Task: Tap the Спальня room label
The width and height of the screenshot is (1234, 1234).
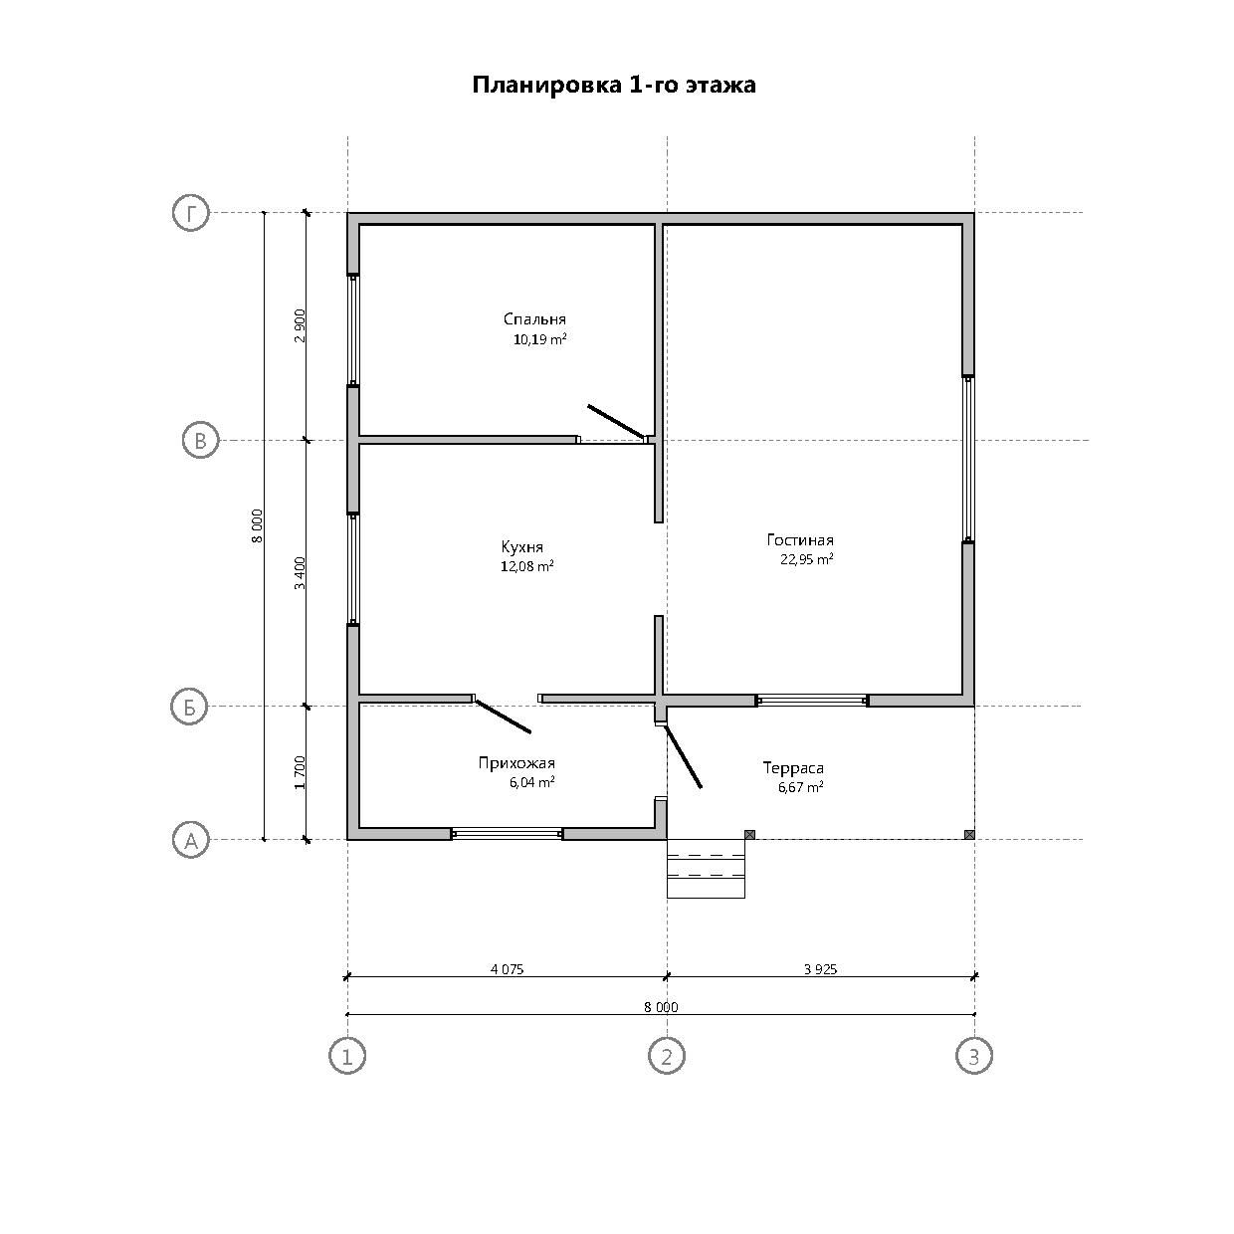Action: coord(534,318)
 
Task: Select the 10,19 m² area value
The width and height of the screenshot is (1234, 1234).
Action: coord(539,338)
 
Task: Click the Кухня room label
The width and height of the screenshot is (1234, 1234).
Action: coord(521,547)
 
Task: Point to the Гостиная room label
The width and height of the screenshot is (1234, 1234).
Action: coord(800,539)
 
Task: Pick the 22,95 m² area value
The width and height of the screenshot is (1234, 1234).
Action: coord(806,559)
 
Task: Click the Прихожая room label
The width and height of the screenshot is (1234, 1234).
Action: coord(516,762)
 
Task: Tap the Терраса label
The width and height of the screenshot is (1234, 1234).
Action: coord(793,768)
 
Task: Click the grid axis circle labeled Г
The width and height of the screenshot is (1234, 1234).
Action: coord(191,213)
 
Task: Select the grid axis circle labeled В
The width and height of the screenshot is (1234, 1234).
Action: coord(200,441)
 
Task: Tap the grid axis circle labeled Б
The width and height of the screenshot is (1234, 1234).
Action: coord(189,707)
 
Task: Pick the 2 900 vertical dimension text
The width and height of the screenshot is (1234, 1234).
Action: coord(300,326)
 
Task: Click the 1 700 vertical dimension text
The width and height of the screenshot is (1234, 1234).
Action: coord(300,773)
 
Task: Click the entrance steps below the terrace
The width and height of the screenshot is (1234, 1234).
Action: coord(706,869)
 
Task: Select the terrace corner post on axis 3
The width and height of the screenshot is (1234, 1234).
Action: coord(969,834)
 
